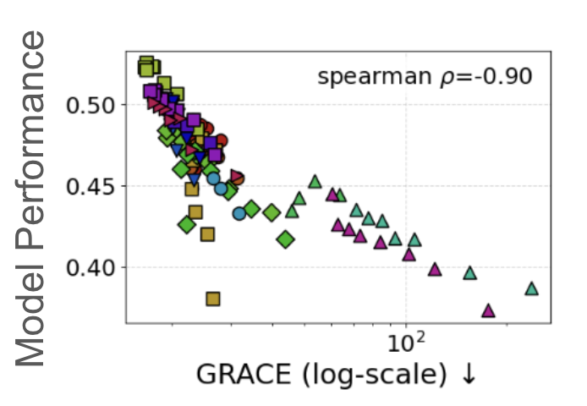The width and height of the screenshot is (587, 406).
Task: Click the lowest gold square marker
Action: click(x=213, y=299)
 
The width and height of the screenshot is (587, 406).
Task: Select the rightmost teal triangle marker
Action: click(x=531, y=288)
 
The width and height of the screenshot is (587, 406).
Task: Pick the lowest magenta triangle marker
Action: click(x=488, y=310)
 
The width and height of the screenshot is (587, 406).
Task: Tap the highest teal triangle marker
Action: click(x=315, y=181)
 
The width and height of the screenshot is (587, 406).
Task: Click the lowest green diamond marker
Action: click(x=285, y=240)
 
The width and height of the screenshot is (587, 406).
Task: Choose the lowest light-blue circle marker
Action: click(x=239, y=213)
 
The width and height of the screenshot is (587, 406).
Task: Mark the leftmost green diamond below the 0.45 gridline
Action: click(x=187, y=225)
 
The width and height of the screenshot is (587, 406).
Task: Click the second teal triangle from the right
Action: click(x=470, y=273)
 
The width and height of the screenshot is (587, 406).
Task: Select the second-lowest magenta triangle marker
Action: click(x=435, y=270)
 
